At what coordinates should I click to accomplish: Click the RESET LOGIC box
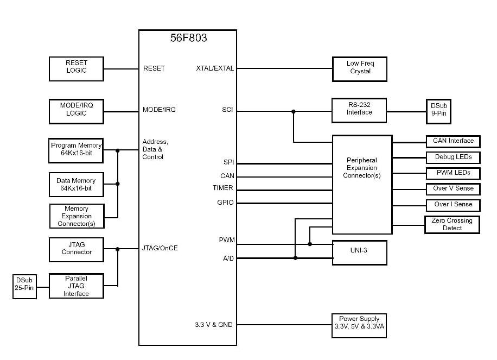[77, 69]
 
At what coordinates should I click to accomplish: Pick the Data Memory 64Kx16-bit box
[76, 185]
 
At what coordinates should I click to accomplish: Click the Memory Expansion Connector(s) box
[76, 216]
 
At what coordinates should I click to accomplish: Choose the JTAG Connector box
[77, 249]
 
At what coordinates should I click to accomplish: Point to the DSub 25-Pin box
[24, 287]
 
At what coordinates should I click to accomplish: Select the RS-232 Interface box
[359, 110]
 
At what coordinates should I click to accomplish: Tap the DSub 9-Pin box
[438, 111]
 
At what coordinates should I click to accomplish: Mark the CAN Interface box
[453, 141]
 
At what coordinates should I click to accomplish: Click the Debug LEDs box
[453, 157]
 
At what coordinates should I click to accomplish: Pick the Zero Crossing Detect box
[452, 225]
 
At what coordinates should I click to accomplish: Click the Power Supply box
[359, 325]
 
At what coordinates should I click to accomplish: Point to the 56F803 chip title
[188, 39]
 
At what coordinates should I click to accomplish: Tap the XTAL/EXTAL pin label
[215, 68]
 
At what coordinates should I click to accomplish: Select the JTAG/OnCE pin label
[160, 249]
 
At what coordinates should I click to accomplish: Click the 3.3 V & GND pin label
[214, 325]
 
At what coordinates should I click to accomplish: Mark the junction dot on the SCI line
[294, 112]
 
